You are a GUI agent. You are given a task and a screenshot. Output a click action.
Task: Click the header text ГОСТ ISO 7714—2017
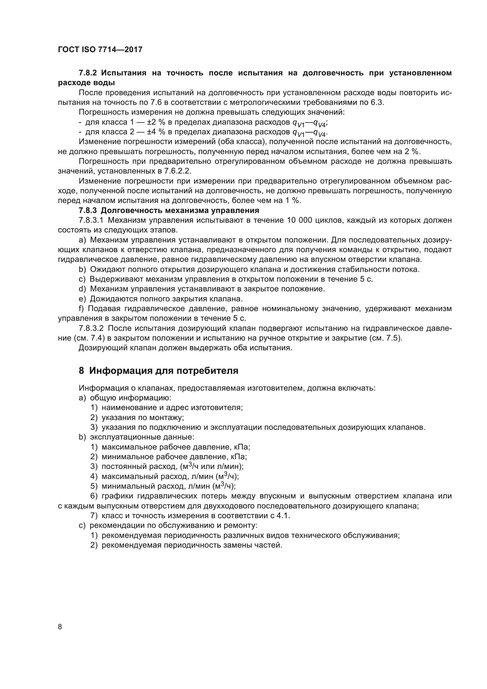click(x=100, y=50)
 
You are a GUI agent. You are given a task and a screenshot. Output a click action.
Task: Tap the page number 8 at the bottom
click(x=60, y=627)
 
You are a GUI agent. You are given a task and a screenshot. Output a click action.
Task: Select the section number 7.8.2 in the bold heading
click(x=87, y=73)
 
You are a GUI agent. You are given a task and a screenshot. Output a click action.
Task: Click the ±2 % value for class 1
click(x=157, y=123)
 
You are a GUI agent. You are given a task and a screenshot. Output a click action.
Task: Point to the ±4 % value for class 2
click(x=157, y=132)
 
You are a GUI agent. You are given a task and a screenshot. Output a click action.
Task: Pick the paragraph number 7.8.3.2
click(x=91, y=328)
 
